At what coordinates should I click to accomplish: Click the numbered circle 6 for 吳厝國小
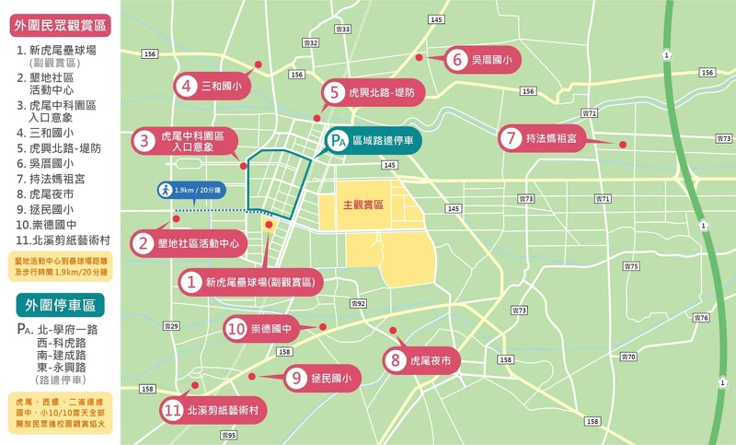457,61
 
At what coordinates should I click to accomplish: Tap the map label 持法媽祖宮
551,139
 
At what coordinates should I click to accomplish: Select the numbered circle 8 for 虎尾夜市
396,361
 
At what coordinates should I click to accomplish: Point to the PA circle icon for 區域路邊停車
339,141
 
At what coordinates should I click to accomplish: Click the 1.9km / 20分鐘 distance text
198,190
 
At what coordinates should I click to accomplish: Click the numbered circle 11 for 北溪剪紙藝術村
172,410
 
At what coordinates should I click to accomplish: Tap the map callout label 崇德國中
271,328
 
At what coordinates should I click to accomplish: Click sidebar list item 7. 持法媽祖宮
58,178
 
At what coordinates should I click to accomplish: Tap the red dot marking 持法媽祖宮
623,144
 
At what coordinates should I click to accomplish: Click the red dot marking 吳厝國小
419,57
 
